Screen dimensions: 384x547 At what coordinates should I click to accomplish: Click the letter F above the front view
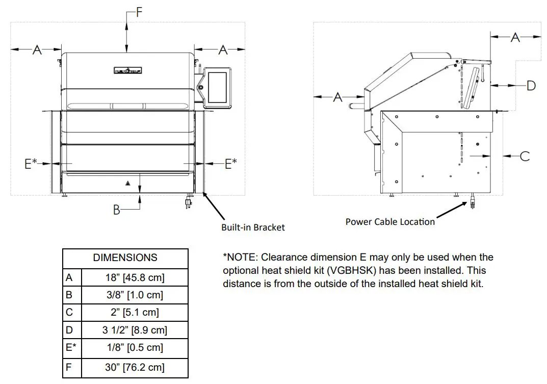tap(139, 13)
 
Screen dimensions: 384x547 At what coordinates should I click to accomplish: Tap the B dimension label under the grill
tap(117, 210)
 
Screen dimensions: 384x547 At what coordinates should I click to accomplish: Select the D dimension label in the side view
tap(531, 85)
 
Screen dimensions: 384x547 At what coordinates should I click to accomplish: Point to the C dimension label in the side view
tap(525, 156)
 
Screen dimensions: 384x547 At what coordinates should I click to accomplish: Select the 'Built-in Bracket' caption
tap(253, 227)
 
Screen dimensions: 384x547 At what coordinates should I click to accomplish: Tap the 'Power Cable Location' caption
tap(390, 222)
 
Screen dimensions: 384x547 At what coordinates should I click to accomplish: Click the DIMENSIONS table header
tap(125, 258)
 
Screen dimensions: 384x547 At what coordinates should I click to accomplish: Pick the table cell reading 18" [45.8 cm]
tap(135, 278)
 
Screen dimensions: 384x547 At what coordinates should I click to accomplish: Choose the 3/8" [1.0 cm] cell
tap(135, 295)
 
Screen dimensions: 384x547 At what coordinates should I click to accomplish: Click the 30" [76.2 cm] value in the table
tap(135, 367)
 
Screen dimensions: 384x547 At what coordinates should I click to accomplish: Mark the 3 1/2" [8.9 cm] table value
tap(135, 330)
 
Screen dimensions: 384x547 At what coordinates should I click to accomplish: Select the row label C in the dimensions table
tap(69, 312)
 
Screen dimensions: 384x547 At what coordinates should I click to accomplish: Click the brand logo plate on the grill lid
tap(127, 70)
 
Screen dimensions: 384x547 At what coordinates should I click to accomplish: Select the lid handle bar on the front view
tap(127, 106)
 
